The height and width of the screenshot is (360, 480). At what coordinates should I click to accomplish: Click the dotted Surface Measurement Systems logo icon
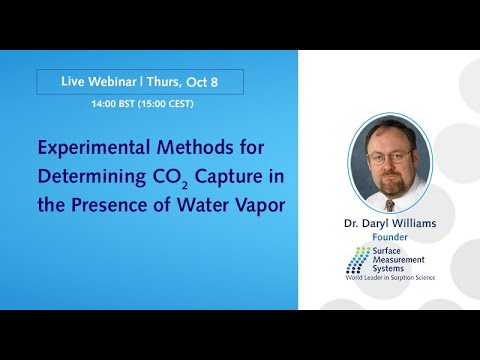(x=358, y=259)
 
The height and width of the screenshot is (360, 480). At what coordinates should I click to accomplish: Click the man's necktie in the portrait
(x=396, y=199)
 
